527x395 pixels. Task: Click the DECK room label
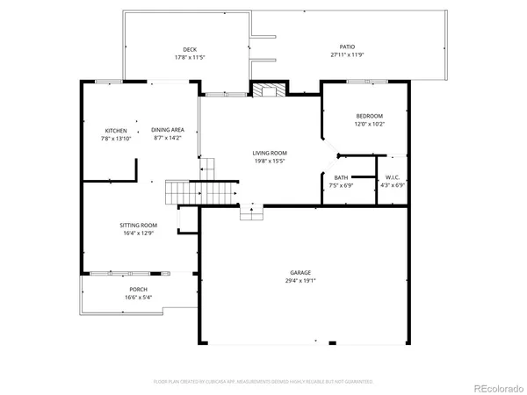point(189,49)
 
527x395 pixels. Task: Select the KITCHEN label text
point(116,131)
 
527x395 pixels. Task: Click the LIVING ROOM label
point(271,153)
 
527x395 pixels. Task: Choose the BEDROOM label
point(369,116)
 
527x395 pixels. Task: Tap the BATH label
point(340,178)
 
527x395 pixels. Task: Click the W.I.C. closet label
point(393,178)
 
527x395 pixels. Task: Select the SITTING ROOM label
point(138,226)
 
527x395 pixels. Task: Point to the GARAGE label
point(301,273)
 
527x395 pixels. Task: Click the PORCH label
point(138,290)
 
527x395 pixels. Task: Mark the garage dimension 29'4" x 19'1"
point(301,281)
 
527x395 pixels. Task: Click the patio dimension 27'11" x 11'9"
point(348,55)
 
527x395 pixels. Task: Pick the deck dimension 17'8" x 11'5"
point(189,58)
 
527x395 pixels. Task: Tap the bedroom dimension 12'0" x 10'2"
point(369,124)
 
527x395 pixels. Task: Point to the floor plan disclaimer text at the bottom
point(263,382)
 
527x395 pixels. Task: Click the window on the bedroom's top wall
point(360,82)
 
